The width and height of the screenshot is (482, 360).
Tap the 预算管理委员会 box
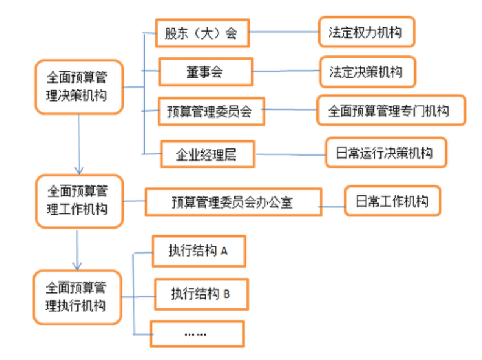[211, 111]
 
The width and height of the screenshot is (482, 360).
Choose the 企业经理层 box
[206, 154]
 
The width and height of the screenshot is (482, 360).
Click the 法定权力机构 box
[366, 32]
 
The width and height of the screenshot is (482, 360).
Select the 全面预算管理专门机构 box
[391, 111]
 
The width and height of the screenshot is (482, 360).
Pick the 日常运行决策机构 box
[386, 153]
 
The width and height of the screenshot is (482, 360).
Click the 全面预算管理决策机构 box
[79, 87]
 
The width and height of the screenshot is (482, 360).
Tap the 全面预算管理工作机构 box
[79, 201]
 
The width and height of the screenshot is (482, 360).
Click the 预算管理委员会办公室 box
[232, 202]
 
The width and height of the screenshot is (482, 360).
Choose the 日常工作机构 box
[392, 201]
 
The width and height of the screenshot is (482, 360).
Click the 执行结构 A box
[198, 251]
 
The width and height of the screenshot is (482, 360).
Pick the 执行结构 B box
[200, 294]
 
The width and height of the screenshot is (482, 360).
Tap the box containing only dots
[197, 334]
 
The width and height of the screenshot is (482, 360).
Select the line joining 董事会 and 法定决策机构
[285, 72]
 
